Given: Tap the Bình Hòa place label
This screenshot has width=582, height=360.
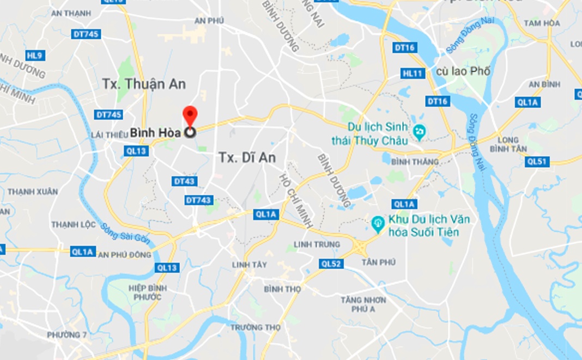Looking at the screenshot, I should pos(155,132).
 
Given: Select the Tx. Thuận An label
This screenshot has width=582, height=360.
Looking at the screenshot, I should pos(144,84).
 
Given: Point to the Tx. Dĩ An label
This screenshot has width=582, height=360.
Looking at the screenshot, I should pos(247,157).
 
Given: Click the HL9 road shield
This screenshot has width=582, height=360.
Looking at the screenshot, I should pos(34,55).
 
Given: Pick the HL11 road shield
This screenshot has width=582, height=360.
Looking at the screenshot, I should pos(413,73).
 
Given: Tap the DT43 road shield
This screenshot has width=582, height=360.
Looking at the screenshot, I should pos(185,181).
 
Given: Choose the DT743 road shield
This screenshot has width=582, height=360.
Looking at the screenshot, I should pos(198,200).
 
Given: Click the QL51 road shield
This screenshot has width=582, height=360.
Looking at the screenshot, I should pos(538,162).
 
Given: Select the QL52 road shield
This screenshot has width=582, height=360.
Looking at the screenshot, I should pos(331,264).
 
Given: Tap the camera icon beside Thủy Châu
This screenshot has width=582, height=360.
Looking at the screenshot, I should pos(419,131).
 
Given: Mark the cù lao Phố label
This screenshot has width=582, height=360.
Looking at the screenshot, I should pos(463,71).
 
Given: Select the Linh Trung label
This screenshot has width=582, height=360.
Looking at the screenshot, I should pos(317,244).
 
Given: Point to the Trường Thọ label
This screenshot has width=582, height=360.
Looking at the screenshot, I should pos(256,327).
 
